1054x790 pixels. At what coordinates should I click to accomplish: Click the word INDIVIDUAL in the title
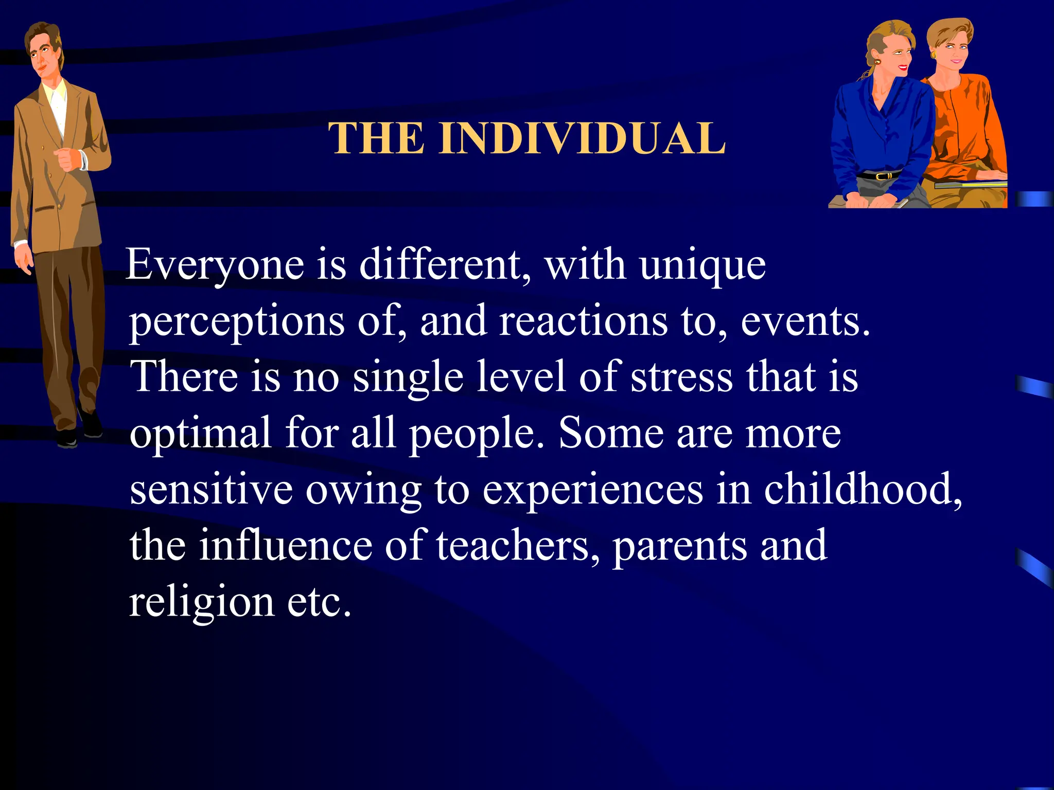582,138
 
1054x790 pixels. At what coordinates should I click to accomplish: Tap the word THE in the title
377,138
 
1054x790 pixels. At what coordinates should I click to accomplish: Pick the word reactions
584,321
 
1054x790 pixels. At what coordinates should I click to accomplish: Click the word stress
681,377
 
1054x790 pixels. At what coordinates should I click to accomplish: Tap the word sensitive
211,489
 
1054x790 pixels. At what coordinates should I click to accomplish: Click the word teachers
518,545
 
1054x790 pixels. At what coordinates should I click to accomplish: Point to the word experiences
592,490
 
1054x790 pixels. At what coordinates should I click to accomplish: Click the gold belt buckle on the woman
883,176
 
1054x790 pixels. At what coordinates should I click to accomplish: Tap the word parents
680,546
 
